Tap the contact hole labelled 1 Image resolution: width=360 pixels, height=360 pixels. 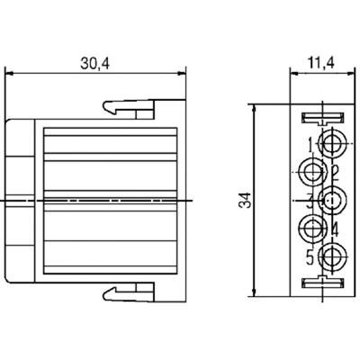tap(334, 142)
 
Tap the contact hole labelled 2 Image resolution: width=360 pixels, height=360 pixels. tap(313, 170)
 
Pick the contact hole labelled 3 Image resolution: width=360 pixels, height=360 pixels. tap(334, 199)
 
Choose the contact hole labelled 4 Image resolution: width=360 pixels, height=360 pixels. tap(313, 227)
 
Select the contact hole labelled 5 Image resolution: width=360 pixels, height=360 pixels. tap(334, 255)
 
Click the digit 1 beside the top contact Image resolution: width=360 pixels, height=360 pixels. tap(310, 142)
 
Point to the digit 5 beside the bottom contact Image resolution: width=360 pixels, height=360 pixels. tap(310, 255)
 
